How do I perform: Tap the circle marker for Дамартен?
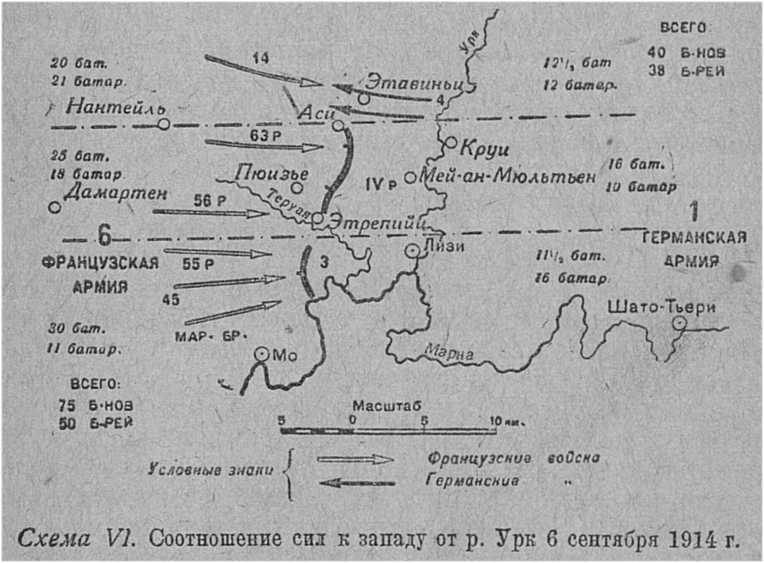tap(54, 207)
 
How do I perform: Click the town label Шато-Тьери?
tap(663, 308)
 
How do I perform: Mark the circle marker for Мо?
tap(261, 355)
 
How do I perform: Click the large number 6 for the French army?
tap(104, 237)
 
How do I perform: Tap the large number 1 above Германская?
tap(694, 212)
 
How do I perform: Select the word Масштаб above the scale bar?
tap(378, 405)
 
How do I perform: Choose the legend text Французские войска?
tap(514, 458)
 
